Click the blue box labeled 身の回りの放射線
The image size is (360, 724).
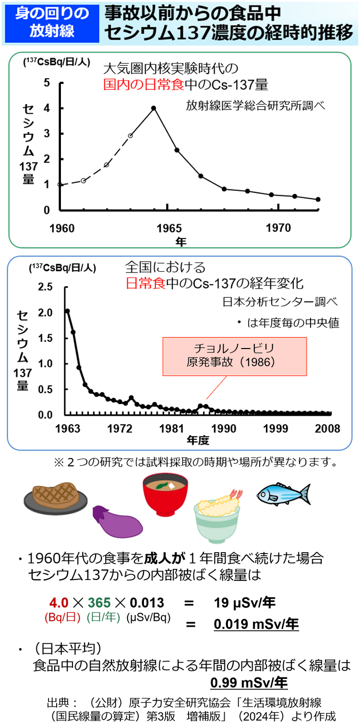(x=51, y=23)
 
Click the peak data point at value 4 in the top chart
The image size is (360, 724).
(x=154, y=108)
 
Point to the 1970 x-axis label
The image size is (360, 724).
(x=279, y=227)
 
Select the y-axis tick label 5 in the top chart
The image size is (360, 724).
(x=47, y=83)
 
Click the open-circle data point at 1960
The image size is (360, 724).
(x=60, y=184)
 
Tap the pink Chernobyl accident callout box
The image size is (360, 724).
(x=235, y=356)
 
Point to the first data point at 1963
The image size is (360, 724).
(x=67, y=311)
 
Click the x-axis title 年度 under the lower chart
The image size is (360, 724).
(x=198, y=439)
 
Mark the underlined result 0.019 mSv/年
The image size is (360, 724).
(x=256, y=624)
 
